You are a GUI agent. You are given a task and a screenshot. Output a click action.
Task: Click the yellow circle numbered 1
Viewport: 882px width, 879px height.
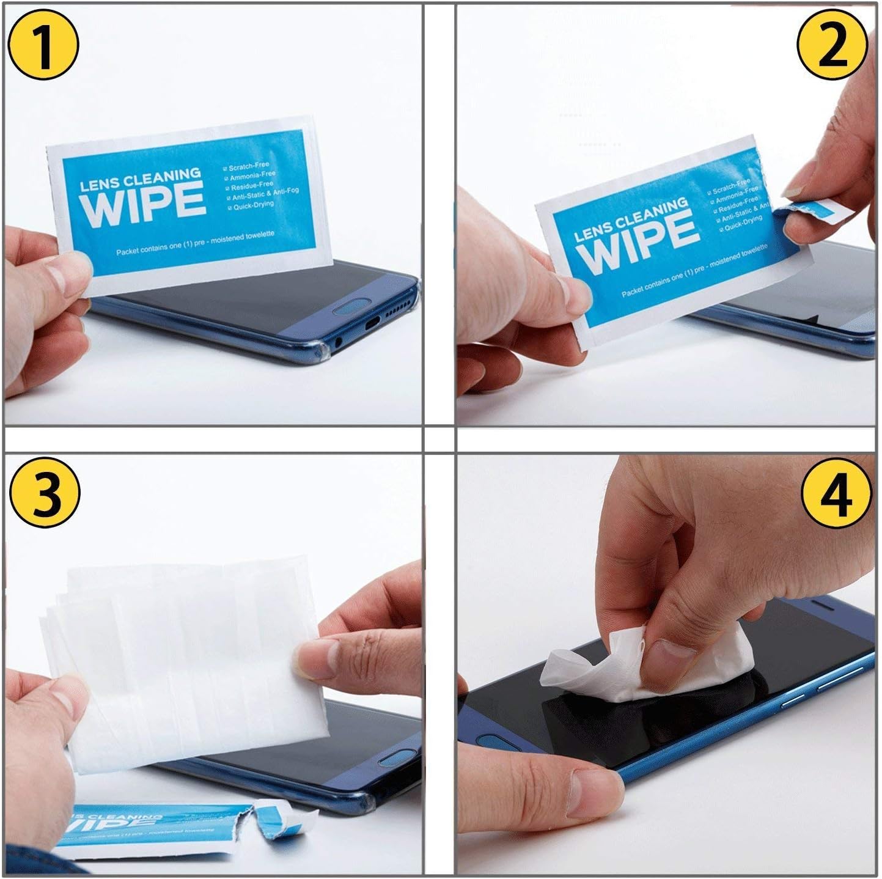(43, 46)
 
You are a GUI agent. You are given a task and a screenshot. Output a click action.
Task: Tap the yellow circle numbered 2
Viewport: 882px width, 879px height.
(832, 46)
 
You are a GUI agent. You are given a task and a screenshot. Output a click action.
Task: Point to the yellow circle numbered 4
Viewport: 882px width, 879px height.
(836, 493)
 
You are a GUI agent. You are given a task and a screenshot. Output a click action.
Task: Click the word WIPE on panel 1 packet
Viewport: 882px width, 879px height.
(142, 204)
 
